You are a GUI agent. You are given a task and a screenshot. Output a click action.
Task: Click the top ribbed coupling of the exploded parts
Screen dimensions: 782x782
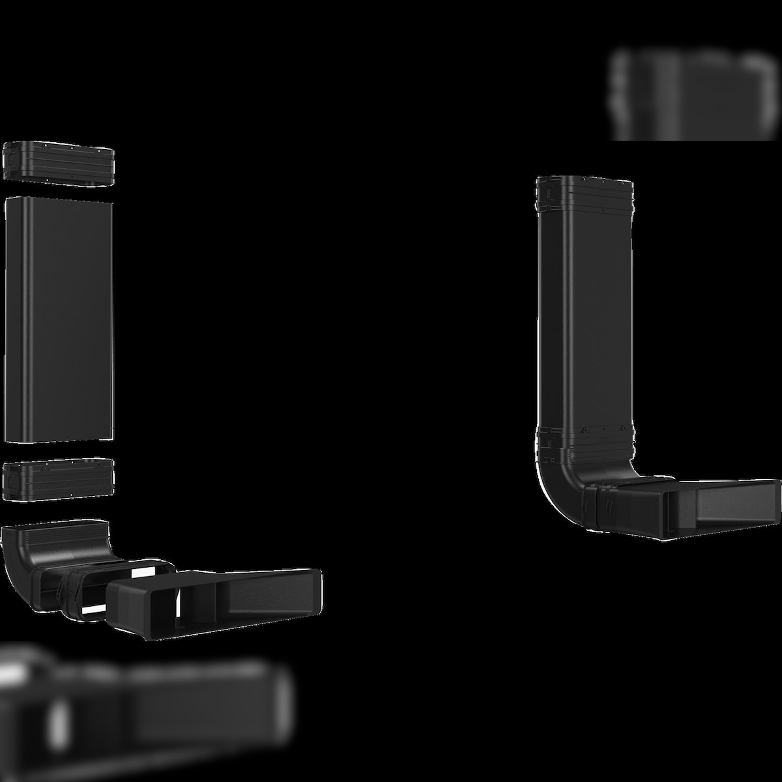click(x=59, y=162)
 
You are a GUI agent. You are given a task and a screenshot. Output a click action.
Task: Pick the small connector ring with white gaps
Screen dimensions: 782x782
click(x=85, y=590)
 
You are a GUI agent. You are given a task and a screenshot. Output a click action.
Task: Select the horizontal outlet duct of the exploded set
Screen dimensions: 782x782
click(x=215, y=603)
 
